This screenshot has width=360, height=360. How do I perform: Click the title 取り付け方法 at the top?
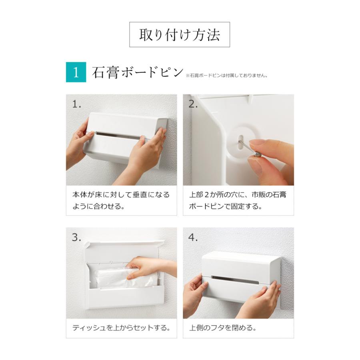click(180, 35)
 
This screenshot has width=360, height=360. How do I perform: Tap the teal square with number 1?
click(76, 72)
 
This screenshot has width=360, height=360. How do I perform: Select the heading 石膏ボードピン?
click(137, 72)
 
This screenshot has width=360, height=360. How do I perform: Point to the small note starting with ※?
click(226, 76)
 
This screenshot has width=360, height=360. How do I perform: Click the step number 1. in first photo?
click(77, 104)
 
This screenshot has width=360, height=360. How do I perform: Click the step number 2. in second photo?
click(193, 104)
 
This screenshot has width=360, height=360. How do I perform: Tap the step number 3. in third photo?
click(76, 237)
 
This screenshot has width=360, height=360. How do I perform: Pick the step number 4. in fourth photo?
click(193, 237)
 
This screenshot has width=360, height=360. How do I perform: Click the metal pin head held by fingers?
click(257, 154)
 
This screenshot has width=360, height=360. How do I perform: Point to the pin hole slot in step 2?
click(240, 141)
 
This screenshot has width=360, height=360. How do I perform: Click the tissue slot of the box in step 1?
click(118, 135)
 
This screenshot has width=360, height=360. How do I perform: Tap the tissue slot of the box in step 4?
click(235, 280)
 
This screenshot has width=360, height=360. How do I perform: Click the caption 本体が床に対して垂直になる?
click(121, 195)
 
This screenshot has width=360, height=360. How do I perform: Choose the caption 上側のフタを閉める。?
click(223, 328)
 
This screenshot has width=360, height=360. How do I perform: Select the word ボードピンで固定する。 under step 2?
click(226, 206)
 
